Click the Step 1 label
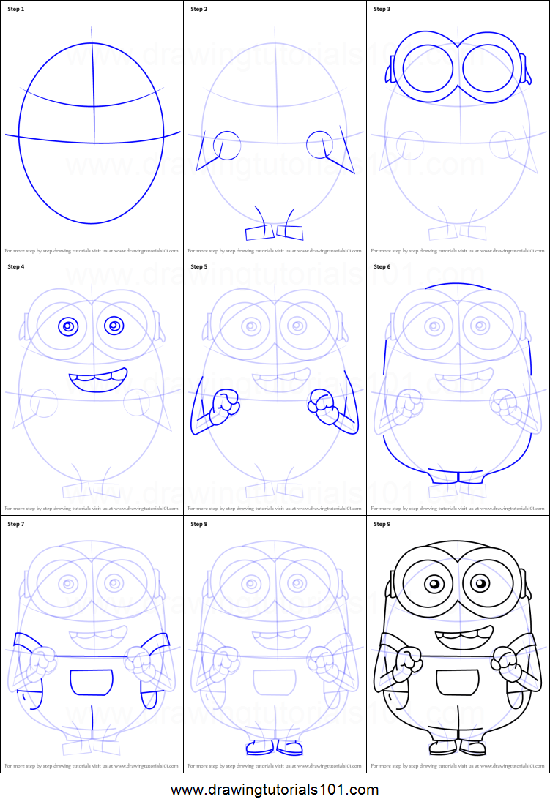click(16, 10)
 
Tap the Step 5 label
click(199, 267)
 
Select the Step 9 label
click(382, 525)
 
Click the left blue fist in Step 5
click(222, 407)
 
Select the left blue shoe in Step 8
click(258, 748)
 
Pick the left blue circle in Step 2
click(227, 146)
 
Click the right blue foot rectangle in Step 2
click(290, 232)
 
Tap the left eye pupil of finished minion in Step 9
click(434, 584)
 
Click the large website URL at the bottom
click(275, 790)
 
